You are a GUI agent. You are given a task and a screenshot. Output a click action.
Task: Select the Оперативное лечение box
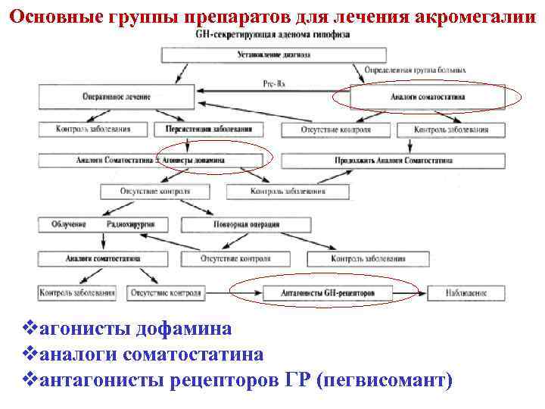(x=117, y=97)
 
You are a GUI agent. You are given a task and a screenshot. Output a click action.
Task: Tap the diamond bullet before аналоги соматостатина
(x=30, y=354)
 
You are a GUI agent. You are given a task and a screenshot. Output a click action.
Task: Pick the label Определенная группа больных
(x=410, y=70)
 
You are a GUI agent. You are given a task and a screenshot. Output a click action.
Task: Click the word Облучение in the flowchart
(x=69, y=225)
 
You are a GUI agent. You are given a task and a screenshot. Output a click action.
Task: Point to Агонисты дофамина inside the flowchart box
(x=203, y=161)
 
